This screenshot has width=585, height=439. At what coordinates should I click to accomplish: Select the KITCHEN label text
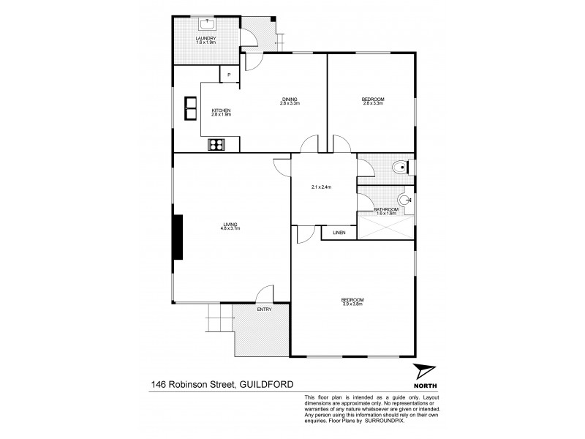pyautogui.click(x=221, y=110)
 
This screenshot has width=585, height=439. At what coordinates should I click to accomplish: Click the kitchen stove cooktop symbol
pyautogui.click(x=217, y=144)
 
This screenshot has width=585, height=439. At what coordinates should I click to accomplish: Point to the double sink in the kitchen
pyautogui.click(x=191, y=108)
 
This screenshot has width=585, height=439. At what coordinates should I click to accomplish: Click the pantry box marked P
pyautogui.click(x=229, y=74)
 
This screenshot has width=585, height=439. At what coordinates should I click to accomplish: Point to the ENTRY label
pyautogui.click(x=264, y=309)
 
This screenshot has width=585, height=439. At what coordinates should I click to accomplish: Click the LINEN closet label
pyautogui.click(x=339, y=233)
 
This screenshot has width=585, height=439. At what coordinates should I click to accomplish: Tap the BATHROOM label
pyautogui.click(x=385, y=209)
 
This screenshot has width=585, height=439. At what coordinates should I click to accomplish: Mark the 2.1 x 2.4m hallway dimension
pyautogui.click(x=321, y=187)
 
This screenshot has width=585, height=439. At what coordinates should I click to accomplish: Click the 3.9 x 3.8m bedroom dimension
pyautogui.click(x=352, y=304)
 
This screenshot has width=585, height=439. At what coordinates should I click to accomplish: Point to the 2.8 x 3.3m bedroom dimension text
pyautogui.click(x=372, y=103)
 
